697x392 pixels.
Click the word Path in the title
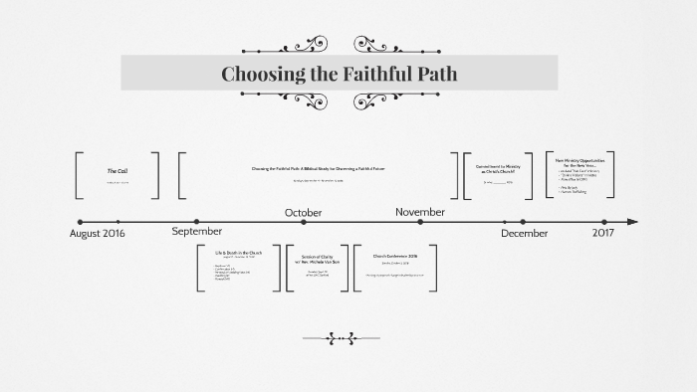[434, 74]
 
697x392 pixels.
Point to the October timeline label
[304, 212]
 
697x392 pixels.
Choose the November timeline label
[419, 211]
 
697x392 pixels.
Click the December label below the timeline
[524, 233]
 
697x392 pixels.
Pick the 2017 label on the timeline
[603, 232]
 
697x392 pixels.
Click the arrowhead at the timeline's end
[632, 222]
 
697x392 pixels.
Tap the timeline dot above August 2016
[80, 222]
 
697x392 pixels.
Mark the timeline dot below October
[303, 222]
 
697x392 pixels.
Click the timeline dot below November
[420, 222]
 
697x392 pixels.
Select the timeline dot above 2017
[603, 222]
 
